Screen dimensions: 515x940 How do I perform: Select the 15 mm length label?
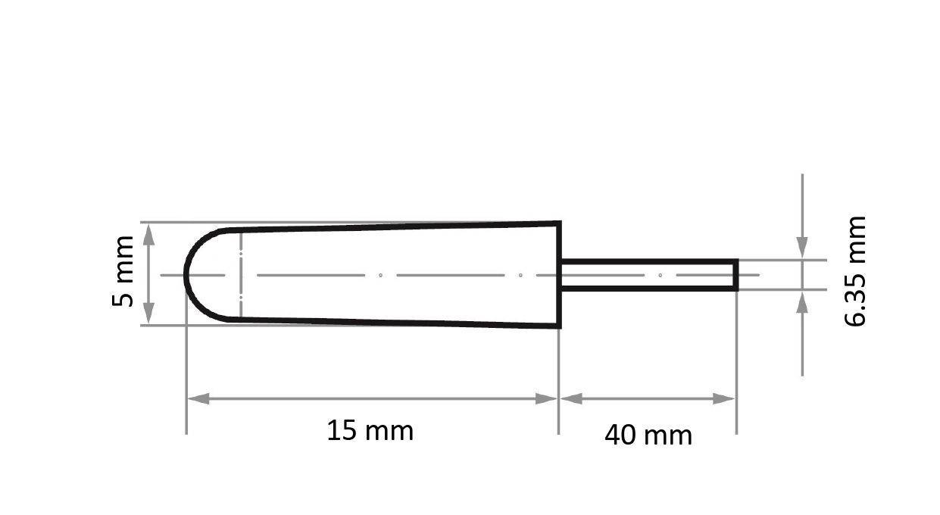click(x=370, y=431)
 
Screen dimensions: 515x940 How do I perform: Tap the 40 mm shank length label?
click(x=648, y=435)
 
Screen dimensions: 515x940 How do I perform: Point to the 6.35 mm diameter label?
click(x=855, y=271)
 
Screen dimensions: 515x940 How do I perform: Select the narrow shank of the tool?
click(x=648, y=274)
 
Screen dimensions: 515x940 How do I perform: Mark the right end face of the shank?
click(x=735, y=274)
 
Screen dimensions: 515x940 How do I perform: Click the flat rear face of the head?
click(x=559, y=274)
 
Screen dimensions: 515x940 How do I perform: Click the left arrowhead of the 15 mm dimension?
click(x=198, y=398)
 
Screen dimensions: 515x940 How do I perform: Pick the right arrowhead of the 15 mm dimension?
click(x=548, y=398)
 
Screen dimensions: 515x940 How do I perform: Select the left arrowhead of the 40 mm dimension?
click(x=570, y=398)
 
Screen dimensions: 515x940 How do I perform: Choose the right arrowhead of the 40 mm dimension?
click(x=725, y=398)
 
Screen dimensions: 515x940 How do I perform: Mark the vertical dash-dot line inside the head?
click(x=240, y=274)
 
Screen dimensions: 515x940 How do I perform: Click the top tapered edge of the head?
click(x=394, y=226)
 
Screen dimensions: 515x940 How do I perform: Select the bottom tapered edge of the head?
click(x=394, y=323)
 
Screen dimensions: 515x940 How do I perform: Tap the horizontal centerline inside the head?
click(x=379, y=275)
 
